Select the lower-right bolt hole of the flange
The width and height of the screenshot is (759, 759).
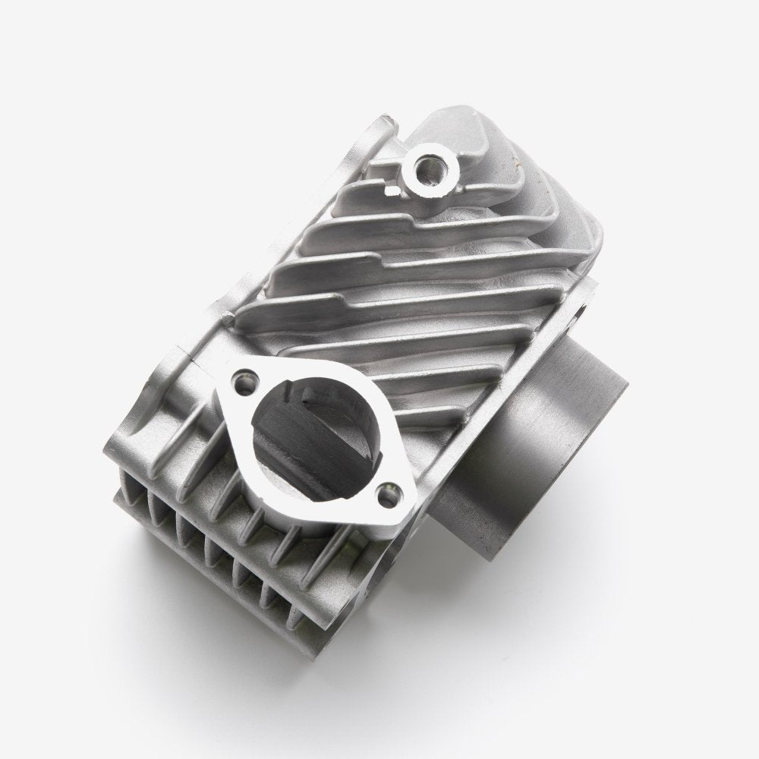pyautogui.click(x=390, y=493)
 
